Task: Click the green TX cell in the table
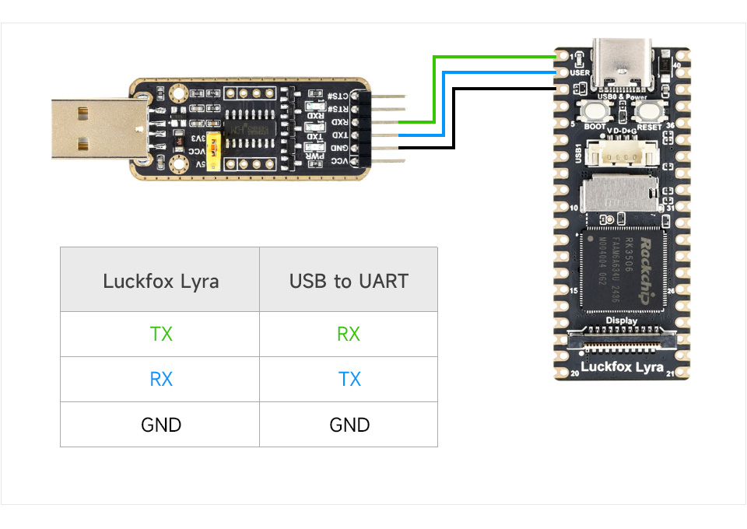tap(160, 335)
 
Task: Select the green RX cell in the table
tap(349, 335)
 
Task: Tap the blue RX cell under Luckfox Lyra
tap(160, 380)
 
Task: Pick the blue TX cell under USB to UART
tap(349, 380)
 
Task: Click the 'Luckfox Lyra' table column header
tap(160, 281)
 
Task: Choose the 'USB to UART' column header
tap(349, 281)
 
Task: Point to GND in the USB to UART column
tap(349, 425)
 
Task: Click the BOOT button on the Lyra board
tap(594, 112)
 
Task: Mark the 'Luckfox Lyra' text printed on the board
tap(621, 366)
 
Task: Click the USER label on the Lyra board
tap(580, 72)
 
